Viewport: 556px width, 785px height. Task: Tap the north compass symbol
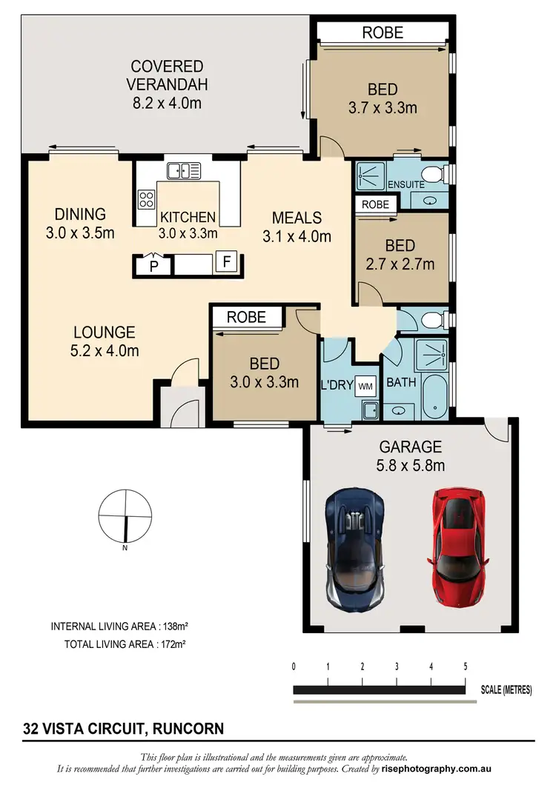[x=125, y=517]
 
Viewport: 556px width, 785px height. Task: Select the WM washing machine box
[x=365, y=386]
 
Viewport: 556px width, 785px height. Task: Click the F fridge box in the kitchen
[x=226, y=261]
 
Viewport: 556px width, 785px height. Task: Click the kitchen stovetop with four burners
[x=146, y=198]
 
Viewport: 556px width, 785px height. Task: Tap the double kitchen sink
[x=184, y=171]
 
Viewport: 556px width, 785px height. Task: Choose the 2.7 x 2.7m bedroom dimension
[x=400, y=264]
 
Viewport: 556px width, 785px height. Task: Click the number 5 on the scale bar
[x=466, y=667]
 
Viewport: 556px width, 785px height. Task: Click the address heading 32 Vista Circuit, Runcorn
[x=122, y=729]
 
